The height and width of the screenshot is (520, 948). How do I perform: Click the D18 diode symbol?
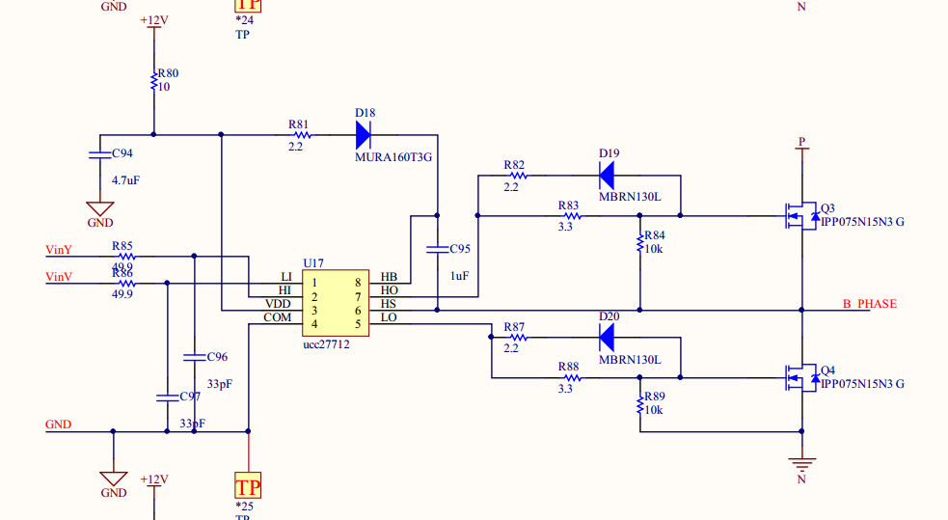(364, 134)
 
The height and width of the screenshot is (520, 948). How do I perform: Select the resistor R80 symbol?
(153, 84)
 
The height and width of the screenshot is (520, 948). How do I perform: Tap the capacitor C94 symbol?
(100, 154)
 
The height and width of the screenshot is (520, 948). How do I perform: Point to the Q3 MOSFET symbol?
(799, 215)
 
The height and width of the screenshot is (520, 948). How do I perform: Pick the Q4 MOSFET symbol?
(799, 376)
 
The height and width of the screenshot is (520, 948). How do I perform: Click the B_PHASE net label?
(869, 304)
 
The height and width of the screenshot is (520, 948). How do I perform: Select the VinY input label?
(59, 250)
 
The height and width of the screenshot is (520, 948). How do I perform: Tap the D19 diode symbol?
(608, 176)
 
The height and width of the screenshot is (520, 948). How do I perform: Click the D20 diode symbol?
(608, 337)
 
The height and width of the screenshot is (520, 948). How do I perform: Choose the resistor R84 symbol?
(639, 242)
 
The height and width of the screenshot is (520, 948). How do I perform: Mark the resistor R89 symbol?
(639, 403)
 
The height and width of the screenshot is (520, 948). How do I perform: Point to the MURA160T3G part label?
(393, 156)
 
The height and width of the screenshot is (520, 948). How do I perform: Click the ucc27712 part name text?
(326, 344)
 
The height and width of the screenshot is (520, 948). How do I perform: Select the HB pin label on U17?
(389, 277)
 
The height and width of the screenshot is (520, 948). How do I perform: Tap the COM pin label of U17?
(278, 318)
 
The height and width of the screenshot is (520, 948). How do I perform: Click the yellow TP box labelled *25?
(249, 485)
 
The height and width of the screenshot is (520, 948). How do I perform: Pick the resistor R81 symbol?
(298, 135)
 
